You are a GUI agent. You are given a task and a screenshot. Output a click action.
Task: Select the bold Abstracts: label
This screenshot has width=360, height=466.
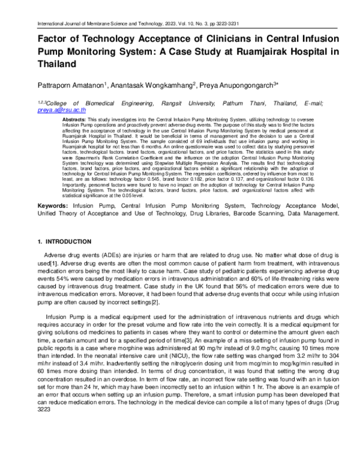[x=75, y=120]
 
